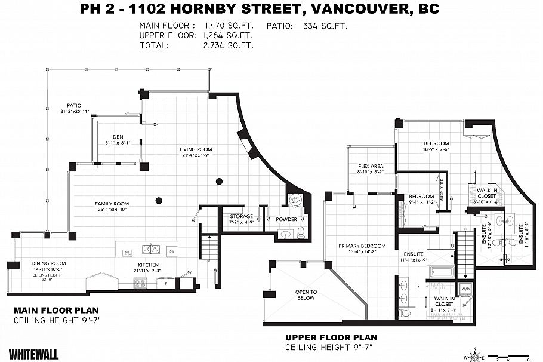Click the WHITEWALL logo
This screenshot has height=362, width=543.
pyautogui.click(x=34, y=355)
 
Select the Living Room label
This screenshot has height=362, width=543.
pyautogui.click(x=197, y=149)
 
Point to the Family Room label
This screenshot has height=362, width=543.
pyautogui.click(x=112, y=204)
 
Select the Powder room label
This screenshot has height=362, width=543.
pyautogui.click(x=286, y=219)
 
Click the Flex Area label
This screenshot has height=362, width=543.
pyautogui.click(x=370, y=166)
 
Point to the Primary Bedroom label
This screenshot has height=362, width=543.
pyautogui.click(x=362, y=246)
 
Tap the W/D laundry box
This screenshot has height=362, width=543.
pyautogui.click(x=465, y=289)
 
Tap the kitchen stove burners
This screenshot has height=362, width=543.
pyautogui.click(x=141, y=284)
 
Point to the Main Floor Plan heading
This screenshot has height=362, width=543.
pyautogui.click(x=56, y=311)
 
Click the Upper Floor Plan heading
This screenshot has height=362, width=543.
pyautogui.click(x=331, y=338)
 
